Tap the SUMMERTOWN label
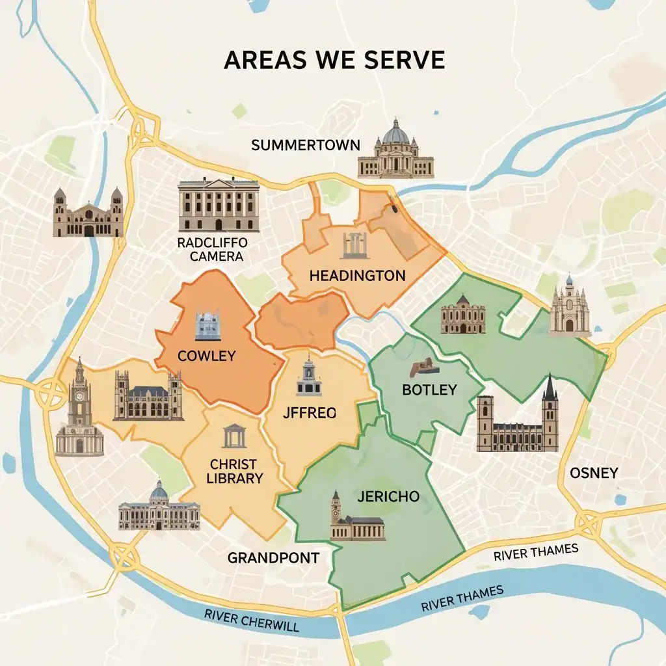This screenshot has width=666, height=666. pyautogui.click(x=305, y=144)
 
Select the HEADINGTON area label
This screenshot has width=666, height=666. pyautogui.click(x=357, y=275)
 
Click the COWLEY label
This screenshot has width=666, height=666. pyautogui.click(x=206, y=356)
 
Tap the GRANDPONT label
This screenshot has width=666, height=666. pyautogui.click(x=273, y=557)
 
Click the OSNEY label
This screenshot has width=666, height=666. pyautogui.click(x=593, y=473)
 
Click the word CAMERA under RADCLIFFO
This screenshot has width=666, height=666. pyautogui.click(x=216, y=256)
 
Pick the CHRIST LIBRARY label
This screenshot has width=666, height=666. pyautogui.click(x=234, y=472)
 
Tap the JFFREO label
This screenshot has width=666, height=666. pyautogui.click(x=310, y=412)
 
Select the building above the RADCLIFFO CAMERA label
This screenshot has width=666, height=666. pyautogui.click(x=219, y=204)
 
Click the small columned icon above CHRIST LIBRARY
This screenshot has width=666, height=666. pyautogui.click(x=234, y=436)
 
